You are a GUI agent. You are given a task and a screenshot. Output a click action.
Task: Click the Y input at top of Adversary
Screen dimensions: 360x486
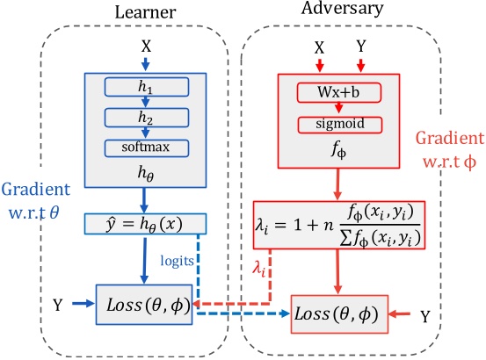361,42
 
